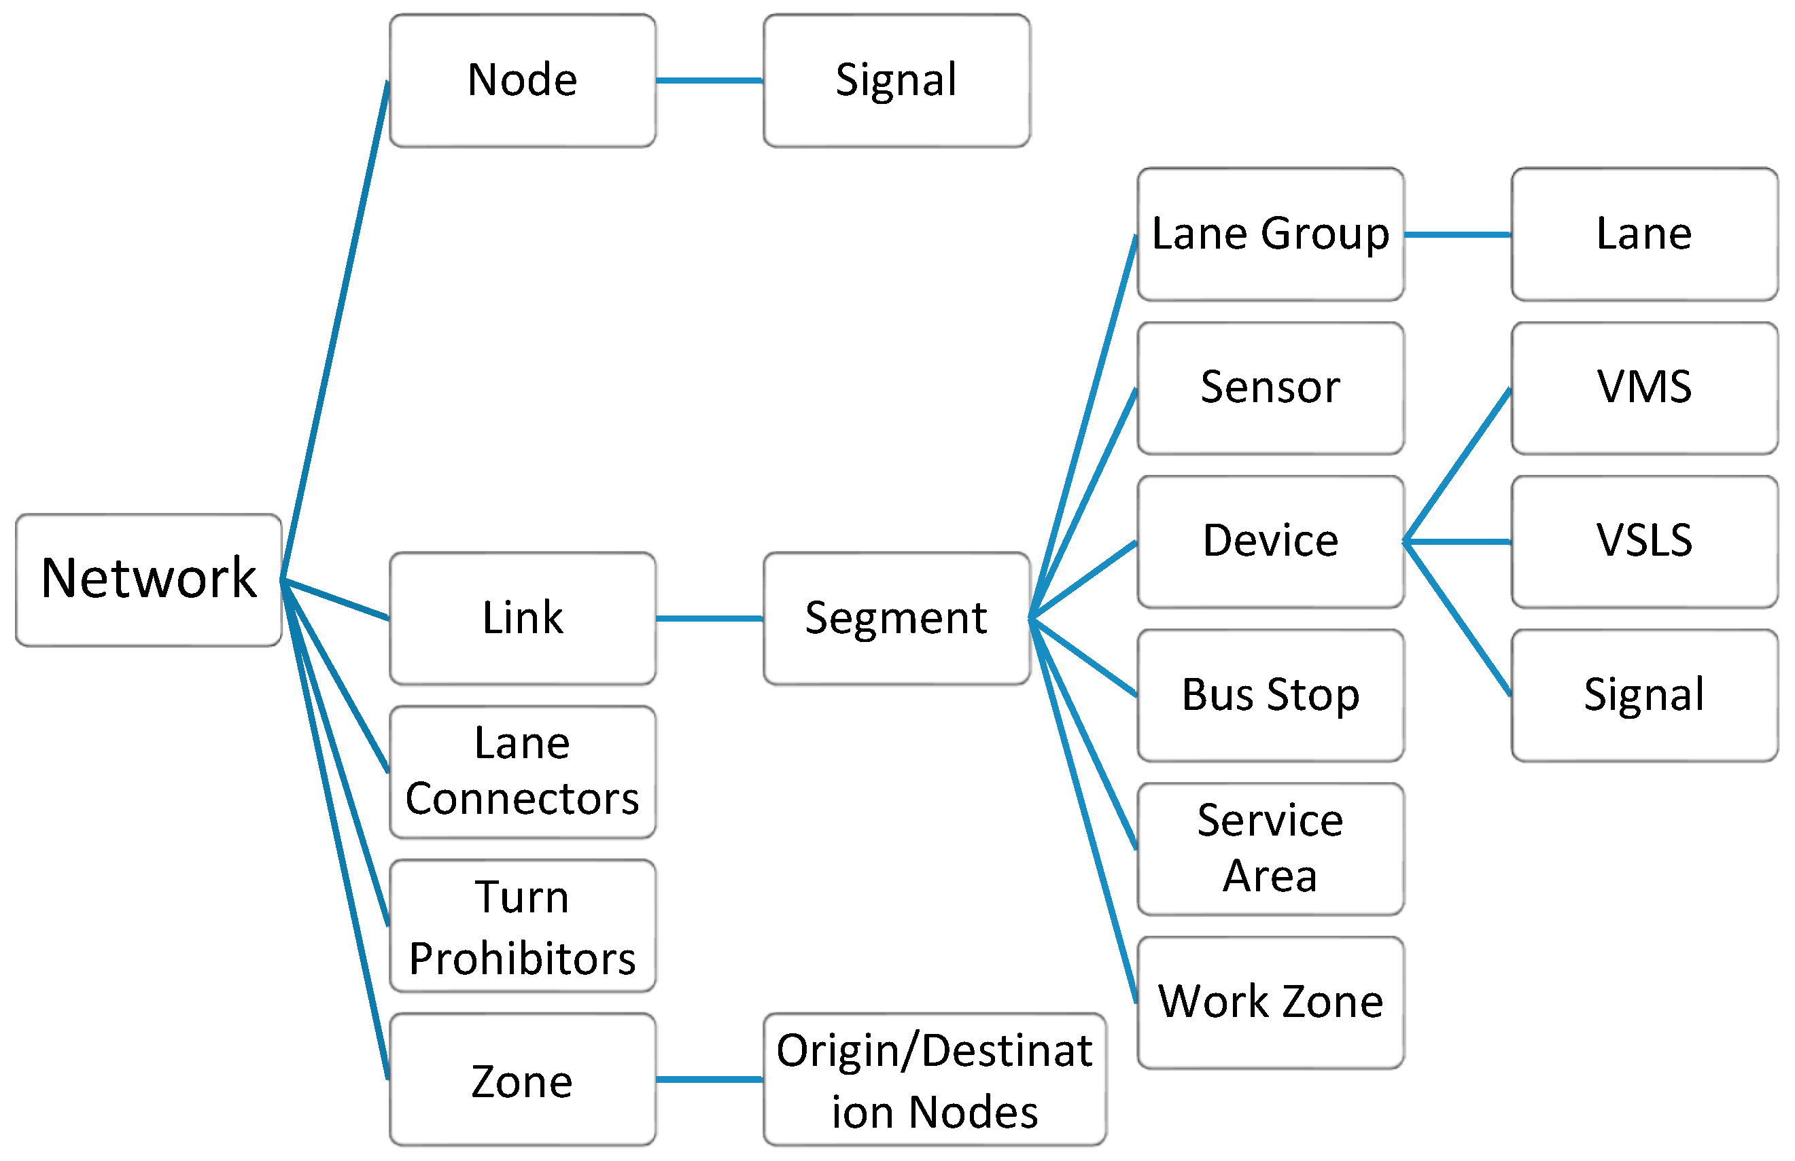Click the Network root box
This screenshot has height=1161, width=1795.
click(x=149, y=579)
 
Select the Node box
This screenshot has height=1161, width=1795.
click(x=523, y=81)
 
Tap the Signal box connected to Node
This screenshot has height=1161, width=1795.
click(x=896, y=81)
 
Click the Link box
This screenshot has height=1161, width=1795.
click(x=523, y=618)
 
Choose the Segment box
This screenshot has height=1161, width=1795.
click(x=896, y=618)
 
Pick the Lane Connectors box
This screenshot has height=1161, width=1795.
click(x=523, y=772)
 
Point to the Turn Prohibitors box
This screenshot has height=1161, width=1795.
click(x=523, y=926)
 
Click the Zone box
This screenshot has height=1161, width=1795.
click(x=523, y=1079)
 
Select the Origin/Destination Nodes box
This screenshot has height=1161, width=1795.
click(x=935, y=1079)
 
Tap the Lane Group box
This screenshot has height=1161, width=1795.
click(x=1271, y=234)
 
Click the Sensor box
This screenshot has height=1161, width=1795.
click(x=1271, y=389)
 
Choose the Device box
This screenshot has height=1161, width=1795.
click(x=1271, y=541)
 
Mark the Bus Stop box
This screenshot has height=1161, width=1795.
click(x=1271, y=695)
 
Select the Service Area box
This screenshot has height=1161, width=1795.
click(x=1271, y=849)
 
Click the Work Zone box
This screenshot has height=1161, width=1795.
click(x=1271, y=1003)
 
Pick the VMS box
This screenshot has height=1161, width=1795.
click(x=1645, y=389)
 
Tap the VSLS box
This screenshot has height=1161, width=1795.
click(x=1645, y=541)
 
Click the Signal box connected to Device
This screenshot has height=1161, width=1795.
click(x=1645, y=695)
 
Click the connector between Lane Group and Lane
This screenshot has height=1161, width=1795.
click(x=1458, y=234)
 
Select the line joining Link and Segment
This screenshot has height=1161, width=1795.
click(x=710, y=618)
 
